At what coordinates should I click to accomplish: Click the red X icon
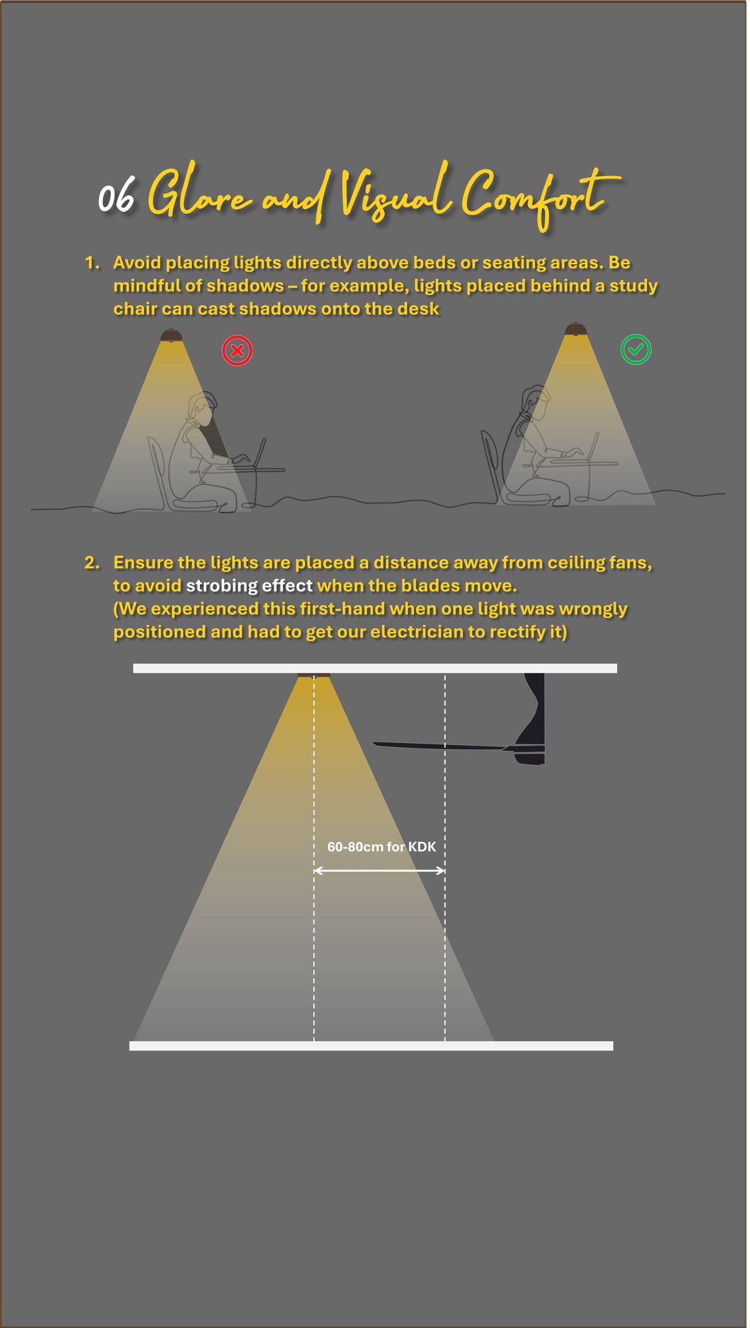237,351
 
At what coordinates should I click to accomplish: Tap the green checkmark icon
636,349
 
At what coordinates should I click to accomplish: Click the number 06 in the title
116,197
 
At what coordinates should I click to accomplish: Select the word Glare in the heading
199,194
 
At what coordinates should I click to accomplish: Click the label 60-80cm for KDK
381,847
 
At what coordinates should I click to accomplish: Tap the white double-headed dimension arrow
379,870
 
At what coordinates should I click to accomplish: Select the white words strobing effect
249,586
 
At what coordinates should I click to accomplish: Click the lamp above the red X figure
171,335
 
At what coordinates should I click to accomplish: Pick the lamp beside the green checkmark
575,329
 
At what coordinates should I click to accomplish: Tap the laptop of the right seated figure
592,447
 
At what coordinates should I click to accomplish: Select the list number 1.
92,263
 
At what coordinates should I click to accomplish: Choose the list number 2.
92,563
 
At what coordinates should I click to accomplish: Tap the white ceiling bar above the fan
375,668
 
